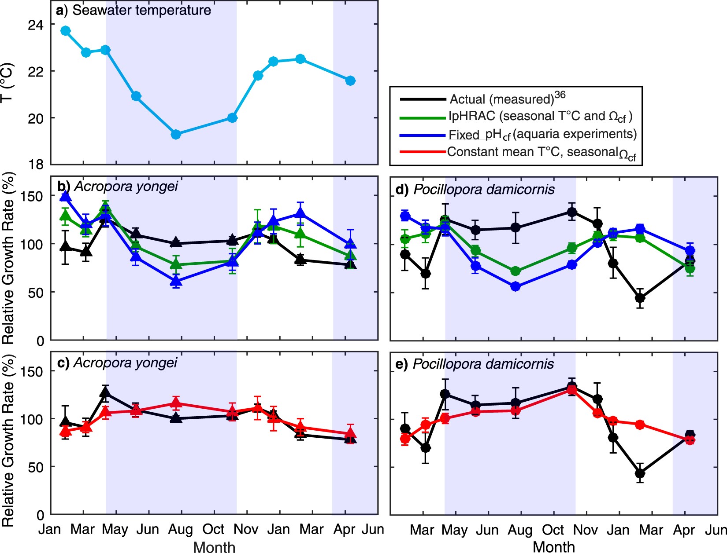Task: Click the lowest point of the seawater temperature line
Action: click(176, 134)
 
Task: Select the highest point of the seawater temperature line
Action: click(66, 30)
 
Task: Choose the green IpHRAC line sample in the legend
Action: click(422, 117)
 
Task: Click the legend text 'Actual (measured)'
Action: click(501, 99)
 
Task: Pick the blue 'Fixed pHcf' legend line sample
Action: click(422, 135)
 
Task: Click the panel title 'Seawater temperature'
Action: click(141, 10)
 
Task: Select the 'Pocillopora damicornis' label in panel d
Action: click(484, 190)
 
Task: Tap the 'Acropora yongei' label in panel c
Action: click(125, 363)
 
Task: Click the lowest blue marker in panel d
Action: click(516, 286)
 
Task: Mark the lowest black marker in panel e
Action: click(640, 473)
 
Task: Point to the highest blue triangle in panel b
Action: click(66, 196)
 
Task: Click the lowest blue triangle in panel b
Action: click(176, 281)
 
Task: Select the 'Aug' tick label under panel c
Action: click(180, 529)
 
